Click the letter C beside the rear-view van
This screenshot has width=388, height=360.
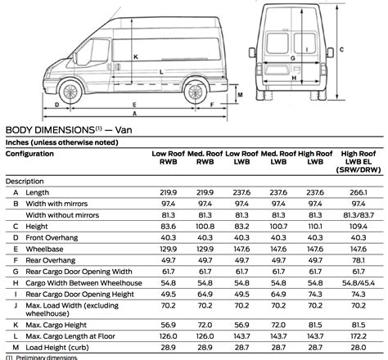pos(374,50)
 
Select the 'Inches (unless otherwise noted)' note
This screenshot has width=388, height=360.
pos(56,141)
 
